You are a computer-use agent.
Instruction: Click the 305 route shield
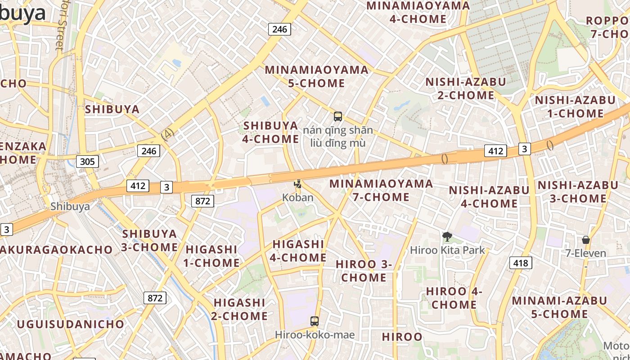tap(87, 161)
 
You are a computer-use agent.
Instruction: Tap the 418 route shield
tap(521, 262)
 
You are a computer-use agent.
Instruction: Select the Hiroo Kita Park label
tap(447, 250)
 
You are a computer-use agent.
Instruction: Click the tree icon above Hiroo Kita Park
tap(447, 236)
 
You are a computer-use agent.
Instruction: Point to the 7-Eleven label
tap(585, 253)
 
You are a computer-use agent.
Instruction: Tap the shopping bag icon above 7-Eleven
tap(585, 239)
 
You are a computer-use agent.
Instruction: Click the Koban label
tap(297, 197)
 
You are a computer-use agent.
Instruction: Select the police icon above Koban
tap(297, 184)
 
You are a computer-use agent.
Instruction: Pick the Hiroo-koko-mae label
tap(315, 335)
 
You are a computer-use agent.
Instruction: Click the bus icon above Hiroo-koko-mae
tap(315, 321)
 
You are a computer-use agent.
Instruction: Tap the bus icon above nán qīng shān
tap(338, 117)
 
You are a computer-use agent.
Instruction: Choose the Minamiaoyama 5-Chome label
tap(317, 76)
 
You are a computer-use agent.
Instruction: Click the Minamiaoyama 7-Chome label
tap(381, 190)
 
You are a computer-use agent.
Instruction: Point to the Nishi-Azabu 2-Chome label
tap(466, 89)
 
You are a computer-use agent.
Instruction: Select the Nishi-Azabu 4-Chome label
tap(489, 197)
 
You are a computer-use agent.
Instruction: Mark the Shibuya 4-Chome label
tap(270, 132)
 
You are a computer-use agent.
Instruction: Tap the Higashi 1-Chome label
tap(211, 256)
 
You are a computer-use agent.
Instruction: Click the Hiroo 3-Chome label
tap(364, 271)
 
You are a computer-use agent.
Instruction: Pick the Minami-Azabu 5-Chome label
tap(559, 307)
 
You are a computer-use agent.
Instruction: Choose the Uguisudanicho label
tap(71, 324)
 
